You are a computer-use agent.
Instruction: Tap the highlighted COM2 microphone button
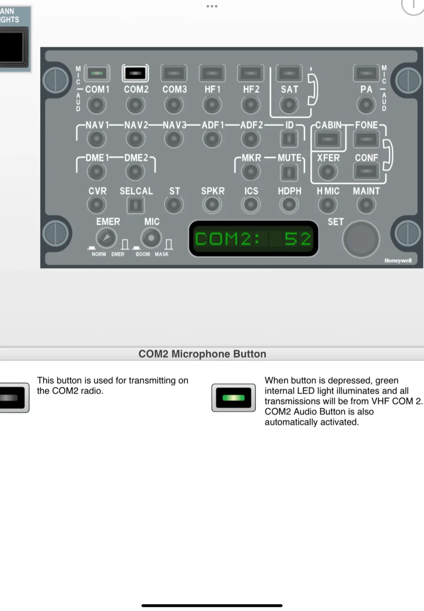click(x=135, y=73)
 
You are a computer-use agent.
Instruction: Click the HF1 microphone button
click(x=212, y=73)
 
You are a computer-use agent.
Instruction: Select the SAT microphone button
click(x=289, y=73)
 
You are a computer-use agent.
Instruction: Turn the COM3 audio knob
click(x=174, y=105)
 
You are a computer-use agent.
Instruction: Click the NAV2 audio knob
click(x=135, y=138)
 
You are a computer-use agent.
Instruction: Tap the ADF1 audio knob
click(x=212, y=138)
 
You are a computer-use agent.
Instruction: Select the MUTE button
click(x=289, y=172)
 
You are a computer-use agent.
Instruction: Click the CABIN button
click(x=328, y=140)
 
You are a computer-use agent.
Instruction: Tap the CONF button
click(x=366, y=171)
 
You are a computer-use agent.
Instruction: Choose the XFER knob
click(x=328, y=171)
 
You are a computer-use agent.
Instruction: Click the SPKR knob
click(x=212, y=204)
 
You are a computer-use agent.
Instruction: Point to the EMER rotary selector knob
click(x=106, y=238)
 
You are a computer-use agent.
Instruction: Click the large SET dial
click(x=361, y=239)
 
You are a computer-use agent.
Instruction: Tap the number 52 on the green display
click(x=297, y=239)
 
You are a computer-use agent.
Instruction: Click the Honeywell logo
click(x=398, y=261)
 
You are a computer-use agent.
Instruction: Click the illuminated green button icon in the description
click(x=233, y=398)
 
